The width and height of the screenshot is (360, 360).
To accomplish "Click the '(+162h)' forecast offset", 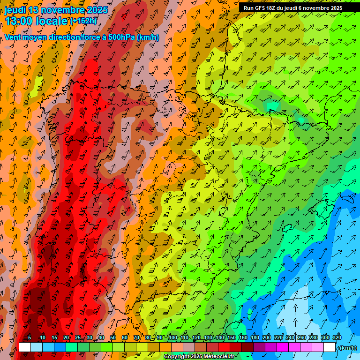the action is pyautogui.click(x=84, y=21).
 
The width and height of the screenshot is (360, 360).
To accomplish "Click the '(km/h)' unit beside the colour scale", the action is pyautogui.click(x=348, y=347).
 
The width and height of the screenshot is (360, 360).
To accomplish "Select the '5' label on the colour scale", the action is pyautogui.click(x=30, y=337).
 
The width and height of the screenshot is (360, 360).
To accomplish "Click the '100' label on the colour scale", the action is pyautogui.click(x=172, y=337).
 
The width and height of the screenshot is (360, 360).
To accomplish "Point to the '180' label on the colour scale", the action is pyautogui.click(x=255, y=337).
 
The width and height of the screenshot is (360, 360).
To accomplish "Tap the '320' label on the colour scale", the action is pyautogui.click(x=337, y=337).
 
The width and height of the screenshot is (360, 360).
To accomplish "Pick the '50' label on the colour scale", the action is pyautogui.click(x=113, y=337).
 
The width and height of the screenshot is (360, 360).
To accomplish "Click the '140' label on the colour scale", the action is pyautogui.click(x=219, y=337).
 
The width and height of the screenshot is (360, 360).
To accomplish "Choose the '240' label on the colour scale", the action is pyautogui.click(x=290, y=337).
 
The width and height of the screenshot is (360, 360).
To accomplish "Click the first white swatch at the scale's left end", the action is pyautogui.click(x=25, y=347).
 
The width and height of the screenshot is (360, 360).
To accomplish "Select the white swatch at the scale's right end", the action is pyautogui.click(x=330, y=347).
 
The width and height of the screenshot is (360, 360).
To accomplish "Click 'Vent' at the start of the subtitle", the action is pyautogui.click(x=13, y=37).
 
